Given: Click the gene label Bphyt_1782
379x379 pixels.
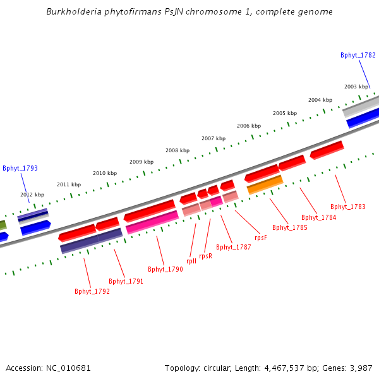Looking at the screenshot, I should click(358, 55).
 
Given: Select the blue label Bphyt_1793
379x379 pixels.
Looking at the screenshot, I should click(20, 168).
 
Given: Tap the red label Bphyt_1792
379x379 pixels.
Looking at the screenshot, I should click(92, 291).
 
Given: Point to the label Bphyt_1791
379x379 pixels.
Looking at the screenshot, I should click(126, 281).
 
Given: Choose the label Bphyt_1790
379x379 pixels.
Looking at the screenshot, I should click(165, 269).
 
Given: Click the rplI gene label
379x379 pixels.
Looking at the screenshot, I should click(191, 261).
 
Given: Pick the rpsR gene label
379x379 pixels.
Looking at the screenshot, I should click(205, 256).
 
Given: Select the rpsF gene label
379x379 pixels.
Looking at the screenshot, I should click(261, 238).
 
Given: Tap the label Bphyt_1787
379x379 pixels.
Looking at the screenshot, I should click(234, 247).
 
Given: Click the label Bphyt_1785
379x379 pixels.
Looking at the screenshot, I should click(290, 227).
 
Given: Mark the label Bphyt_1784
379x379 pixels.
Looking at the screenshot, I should click(319, 217).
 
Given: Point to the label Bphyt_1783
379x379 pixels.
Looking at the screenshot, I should click(348, 207).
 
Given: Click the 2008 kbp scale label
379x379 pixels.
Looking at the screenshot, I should click(177, 150).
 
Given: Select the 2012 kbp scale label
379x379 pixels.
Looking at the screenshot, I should click(32, 195).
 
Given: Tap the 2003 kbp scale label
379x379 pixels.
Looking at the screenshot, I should click(356, 87).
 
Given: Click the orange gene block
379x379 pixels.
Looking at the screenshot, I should click(265, 184).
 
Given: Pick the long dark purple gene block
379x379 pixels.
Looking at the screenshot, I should click(92, 241).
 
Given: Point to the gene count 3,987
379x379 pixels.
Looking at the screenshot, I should click(360, 368).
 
